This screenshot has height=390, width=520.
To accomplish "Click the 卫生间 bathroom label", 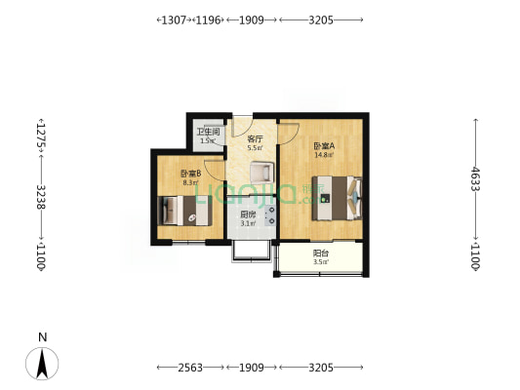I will [x=207, y=132].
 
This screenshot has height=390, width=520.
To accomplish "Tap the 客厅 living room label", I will [x=255, y=139].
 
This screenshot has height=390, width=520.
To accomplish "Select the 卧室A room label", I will [x=323, y=147].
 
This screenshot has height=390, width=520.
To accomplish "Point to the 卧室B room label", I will [x=190, y=174].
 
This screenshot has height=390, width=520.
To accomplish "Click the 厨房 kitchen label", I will [x=249, y=215].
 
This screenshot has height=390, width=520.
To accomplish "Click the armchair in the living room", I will [x=260, y=172].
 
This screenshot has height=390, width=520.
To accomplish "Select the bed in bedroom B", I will [x=182, y=211].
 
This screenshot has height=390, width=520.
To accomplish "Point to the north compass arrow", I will [x=42, y=364].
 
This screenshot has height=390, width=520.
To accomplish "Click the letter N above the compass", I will [x=42, y=337].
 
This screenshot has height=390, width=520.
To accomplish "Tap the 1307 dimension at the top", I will [x=173, y=19].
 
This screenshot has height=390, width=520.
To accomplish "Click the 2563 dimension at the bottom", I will [x=191, y=367].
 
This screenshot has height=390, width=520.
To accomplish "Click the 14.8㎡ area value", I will [x=323, y=156].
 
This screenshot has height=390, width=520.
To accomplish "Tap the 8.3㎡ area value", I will [x=190, y=182].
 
